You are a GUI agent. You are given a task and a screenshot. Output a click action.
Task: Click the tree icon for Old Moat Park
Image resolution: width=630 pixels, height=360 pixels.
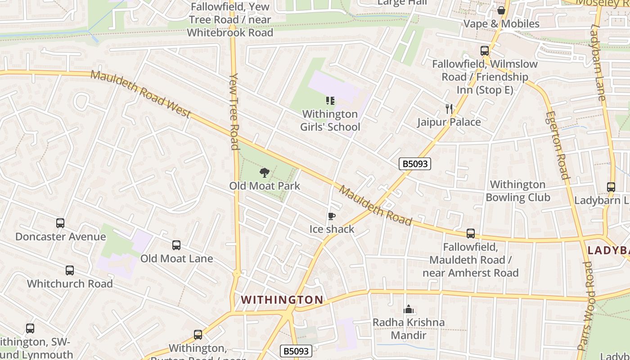pyautogui.click(x=265, y=172)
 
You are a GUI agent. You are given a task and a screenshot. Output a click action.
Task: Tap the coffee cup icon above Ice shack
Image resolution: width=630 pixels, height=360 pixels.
pyautogui.click(x=332, y=216)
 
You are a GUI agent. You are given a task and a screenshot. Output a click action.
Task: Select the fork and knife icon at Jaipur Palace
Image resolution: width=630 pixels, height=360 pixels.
pyautogui.click(x=449, y=108)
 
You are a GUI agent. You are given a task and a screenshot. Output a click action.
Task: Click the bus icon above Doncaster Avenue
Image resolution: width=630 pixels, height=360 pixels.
pyautogui.click(x=60, y=223)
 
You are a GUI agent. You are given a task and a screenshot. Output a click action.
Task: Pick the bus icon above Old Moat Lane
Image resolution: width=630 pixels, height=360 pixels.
pyautogui.click(x=176, y=245)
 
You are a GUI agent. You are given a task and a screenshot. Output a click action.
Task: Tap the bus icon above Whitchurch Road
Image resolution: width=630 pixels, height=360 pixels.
pyautogui.click(x=69, y=270)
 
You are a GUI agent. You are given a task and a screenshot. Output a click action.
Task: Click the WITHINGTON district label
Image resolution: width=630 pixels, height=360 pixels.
pyautogui.click(x=282, y=300)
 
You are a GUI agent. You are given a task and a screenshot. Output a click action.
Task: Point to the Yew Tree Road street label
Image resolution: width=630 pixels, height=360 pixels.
pyautogui.click(x=234, y=111)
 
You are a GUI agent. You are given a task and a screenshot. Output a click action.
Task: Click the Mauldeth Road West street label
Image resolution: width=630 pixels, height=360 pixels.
pyautogui.click(x=141, y=94)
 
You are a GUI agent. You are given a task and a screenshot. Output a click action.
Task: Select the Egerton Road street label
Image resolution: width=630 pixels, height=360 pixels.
pyautogui.click(x=557, y=145)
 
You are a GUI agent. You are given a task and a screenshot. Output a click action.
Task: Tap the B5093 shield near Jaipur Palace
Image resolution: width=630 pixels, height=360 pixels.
pyautogui.click(x=415, y=164)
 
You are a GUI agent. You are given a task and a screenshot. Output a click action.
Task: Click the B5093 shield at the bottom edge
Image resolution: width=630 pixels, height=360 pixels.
pyautogui.click(x=296, y=351)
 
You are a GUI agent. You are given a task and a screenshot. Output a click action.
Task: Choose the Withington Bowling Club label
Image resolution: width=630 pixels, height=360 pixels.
pyautogui.click(x=517, y=191)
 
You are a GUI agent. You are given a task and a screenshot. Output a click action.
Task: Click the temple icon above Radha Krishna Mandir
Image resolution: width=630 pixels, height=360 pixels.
pyautogui.click(x=409, y=309)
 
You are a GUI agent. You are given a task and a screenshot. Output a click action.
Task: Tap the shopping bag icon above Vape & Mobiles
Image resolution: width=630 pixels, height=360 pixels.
pyautogui.click(x=501, y=10)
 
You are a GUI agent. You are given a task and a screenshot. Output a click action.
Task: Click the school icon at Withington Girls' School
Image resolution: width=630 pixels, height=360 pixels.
pyautogui.click(x=330, y=101)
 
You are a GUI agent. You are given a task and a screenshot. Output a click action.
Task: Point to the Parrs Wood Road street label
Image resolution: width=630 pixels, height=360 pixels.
pyautogui.click(x=588, y=306)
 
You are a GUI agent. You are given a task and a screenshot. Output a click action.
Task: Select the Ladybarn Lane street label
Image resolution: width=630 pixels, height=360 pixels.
pyautogui.click(x=600, y=63)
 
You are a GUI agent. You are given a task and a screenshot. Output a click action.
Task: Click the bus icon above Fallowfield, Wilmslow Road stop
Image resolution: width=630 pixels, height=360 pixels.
pyautogui.click(x=485, y=51)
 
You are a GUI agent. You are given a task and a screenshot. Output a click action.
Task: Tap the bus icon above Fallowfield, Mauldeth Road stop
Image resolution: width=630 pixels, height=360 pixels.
pyautogui.click(x=471, y=234)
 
